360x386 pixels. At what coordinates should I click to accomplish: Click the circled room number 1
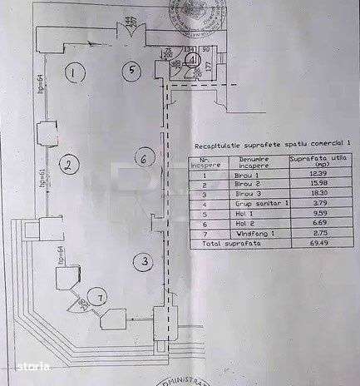coord(74,74)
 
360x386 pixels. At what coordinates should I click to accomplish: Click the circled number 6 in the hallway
coord(143,158)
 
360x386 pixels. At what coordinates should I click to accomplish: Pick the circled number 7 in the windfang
coord(101,297)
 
